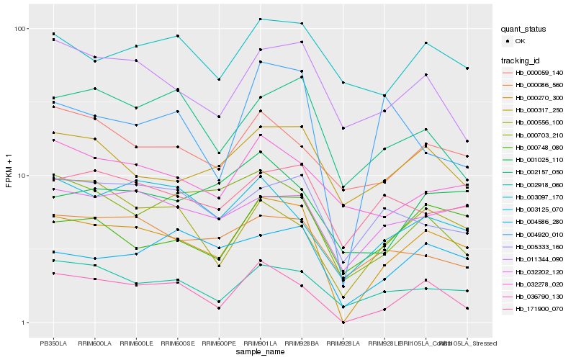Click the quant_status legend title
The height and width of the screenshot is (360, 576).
[x=526, y=30]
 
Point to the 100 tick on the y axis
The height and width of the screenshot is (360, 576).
[x=20, y=29]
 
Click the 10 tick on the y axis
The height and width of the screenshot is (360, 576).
[x=22, y=176]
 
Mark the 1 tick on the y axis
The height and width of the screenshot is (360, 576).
[x=24, y=323]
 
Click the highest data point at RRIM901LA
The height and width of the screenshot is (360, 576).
[x=260, y=19]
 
